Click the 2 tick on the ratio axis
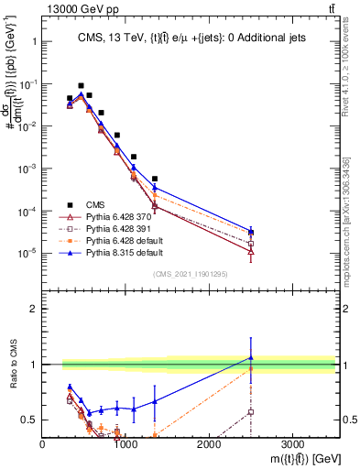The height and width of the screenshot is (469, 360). (33, 309)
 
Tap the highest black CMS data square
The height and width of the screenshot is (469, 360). (81, 85)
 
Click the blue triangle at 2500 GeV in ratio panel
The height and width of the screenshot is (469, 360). (251, 357)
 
